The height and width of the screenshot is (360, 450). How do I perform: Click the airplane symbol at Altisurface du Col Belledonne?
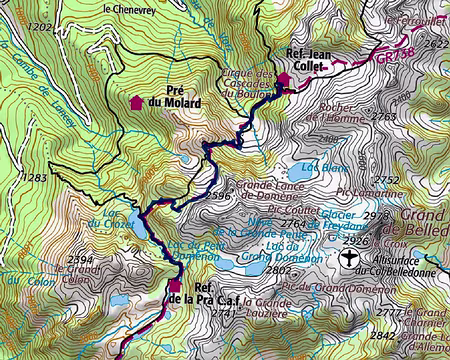tap(348, 257)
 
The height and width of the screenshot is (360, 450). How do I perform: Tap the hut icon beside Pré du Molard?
tap(137, 101)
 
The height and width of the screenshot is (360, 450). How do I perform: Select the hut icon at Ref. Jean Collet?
tap(283, 78)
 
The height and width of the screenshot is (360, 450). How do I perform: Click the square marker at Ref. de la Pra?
tap(173, 284)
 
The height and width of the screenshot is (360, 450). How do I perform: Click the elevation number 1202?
tap(40, 27)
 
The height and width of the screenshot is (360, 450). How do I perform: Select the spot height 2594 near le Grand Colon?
tap(80, 259)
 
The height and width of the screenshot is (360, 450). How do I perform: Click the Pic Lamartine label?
tap(364, 190)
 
